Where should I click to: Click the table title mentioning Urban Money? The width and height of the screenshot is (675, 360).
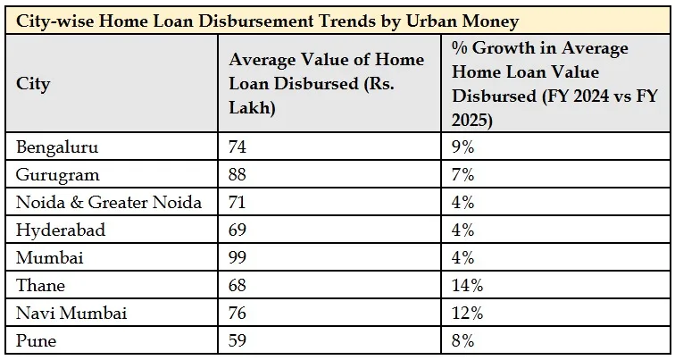(x=267, y=21)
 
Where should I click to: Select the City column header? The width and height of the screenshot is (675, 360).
(x=33, y=85)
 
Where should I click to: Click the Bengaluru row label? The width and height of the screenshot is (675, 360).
(x=57, y=147)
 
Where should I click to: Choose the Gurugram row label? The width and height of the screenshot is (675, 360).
(x=58, y=174)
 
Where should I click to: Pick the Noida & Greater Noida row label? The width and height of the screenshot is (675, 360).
(x=109, y=202)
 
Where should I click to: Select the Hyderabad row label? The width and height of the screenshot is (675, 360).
(x=61, y=230)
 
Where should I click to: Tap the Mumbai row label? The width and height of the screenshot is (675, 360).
(x=48, y=257)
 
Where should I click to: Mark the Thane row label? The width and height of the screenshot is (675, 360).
(x=41, y=285)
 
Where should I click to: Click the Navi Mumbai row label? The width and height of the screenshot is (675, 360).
(x=71, y=313)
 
